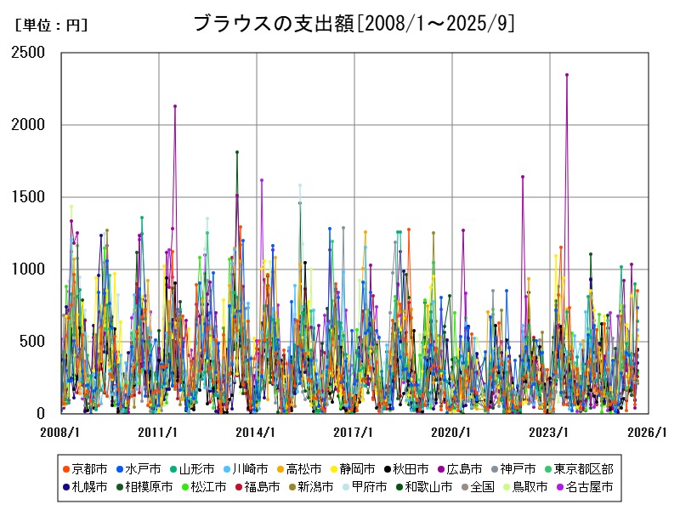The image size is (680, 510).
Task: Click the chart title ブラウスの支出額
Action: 354,24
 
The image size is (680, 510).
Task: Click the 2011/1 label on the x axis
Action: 158,433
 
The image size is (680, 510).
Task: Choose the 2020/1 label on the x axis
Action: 452,433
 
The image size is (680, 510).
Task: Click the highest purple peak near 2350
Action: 567,75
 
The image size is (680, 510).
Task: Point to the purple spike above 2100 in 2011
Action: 175,106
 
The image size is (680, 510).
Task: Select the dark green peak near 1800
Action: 237,152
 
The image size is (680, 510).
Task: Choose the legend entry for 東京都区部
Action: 582,468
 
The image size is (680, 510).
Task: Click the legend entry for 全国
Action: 470,487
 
